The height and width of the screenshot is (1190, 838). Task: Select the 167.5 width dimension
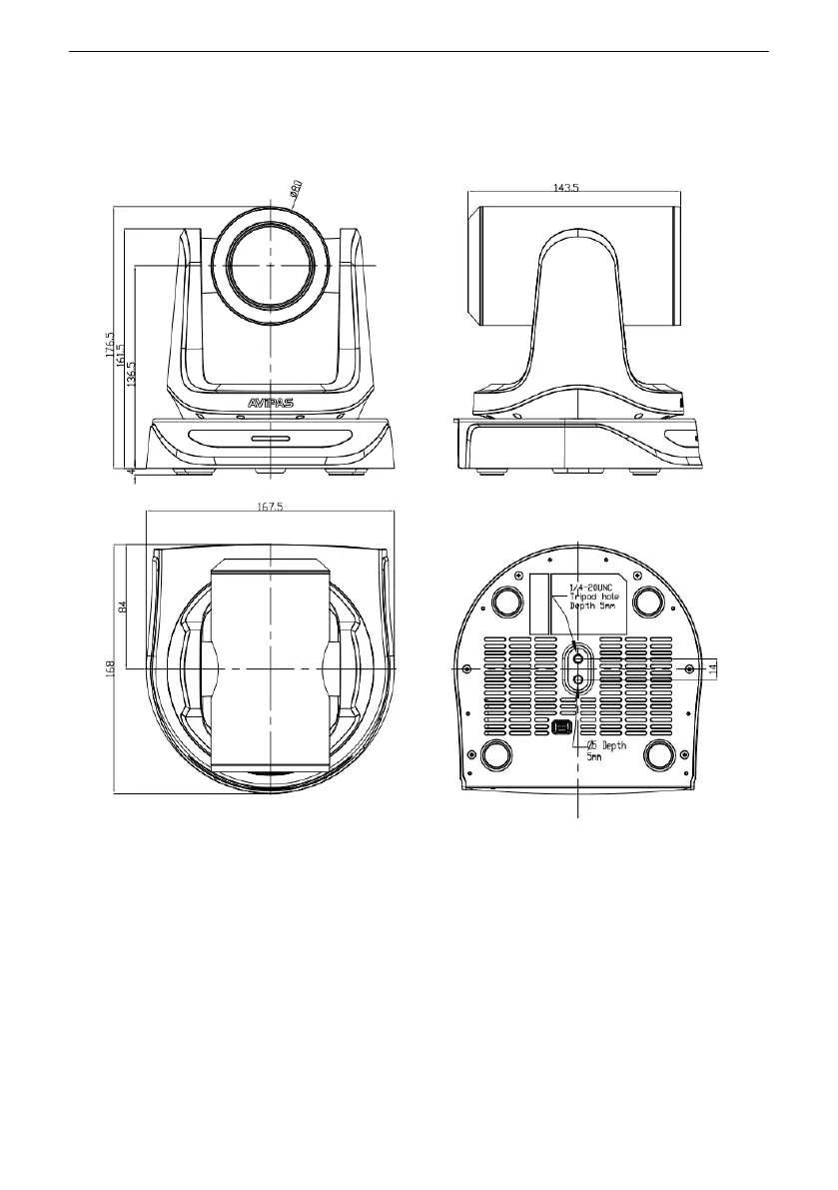pos(270,507)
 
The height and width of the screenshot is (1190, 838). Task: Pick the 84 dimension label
pos(123,605)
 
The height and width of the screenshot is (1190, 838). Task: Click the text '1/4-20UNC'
pos(591,587)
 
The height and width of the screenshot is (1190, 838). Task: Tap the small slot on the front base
pos(270,438)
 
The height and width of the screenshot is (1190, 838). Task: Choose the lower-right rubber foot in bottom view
pos(660,754)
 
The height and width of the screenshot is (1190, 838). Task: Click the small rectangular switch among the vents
pos(560,726)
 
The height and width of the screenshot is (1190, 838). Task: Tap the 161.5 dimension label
pos(120,353)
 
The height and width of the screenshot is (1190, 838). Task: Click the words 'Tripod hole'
pos(595,596)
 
